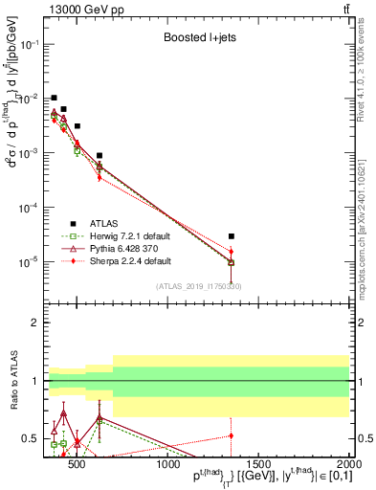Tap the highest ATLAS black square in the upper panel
55,98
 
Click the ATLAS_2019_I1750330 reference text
198,286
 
